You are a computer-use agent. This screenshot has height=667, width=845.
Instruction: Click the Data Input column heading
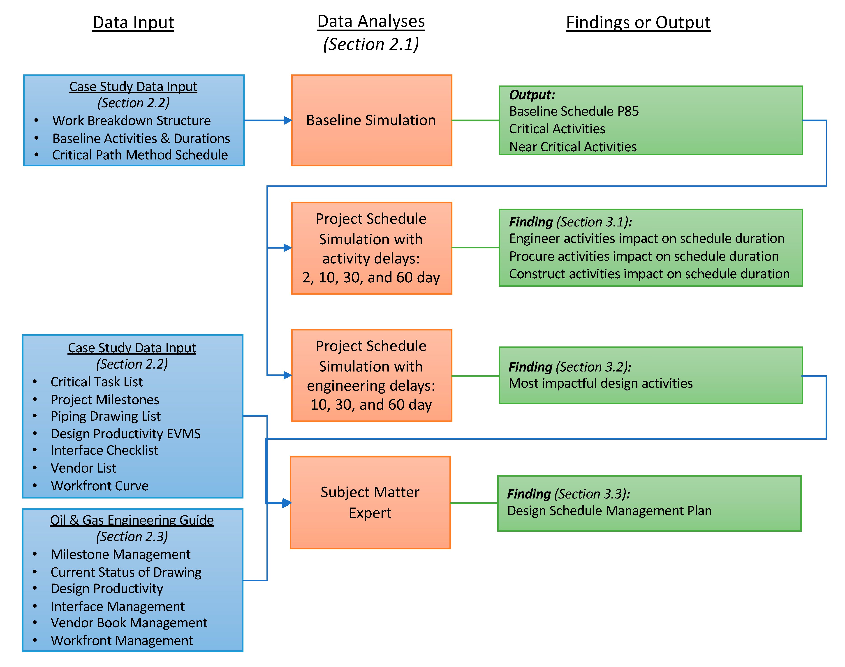pos(133,23)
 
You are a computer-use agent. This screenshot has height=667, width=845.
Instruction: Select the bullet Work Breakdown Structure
pos(131,121)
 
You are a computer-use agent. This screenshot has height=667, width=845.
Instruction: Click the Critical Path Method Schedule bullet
pos(140,155)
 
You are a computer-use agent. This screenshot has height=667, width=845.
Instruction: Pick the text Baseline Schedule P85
pos(574,111)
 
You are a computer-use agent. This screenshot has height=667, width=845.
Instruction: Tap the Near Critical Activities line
pos(573,147)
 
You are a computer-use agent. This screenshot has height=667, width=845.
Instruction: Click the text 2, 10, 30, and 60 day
pos(371,277)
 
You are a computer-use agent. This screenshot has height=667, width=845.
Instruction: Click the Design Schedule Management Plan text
pos(609,510)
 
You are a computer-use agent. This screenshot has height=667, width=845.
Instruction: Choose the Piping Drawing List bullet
pos(105,416)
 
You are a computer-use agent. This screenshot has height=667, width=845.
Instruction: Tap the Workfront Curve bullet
pos(100,486)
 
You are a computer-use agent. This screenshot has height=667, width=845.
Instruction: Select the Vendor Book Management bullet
pos(129,623)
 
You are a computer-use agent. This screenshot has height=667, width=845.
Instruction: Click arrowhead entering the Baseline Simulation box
pos(288,120)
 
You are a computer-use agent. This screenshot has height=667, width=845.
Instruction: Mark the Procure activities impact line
pos(644,256)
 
